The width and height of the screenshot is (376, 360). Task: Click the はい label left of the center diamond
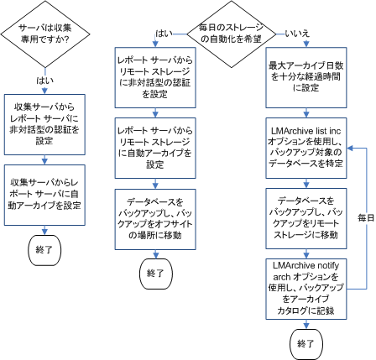tap(165, 33)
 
